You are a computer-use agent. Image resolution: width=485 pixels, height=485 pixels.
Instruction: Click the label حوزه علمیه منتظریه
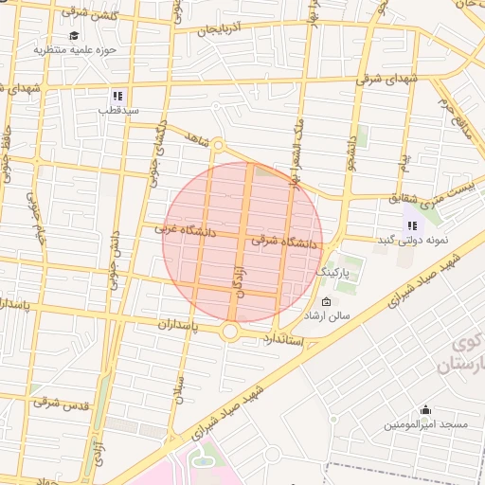75,48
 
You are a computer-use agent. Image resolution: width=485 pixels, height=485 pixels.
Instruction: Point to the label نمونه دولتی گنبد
412,240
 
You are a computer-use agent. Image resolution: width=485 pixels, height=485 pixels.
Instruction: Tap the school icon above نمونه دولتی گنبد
412,225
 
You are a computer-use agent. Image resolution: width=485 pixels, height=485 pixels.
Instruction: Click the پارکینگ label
332,272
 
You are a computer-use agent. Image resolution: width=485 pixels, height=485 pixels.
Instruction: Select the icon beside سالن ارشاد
300,302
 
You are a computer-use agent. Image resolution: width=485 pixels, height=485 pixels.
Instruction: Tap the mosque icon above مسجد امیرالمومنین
425,410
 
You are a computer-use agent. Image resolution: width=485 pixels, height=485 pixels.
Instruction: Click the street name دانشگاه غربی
186,230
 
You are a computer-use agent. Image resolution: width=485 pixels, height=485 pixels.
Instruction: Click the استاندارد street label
283,338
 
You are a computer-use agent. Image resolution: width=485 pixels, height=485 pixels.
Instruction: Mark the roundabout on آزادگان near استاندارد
231,332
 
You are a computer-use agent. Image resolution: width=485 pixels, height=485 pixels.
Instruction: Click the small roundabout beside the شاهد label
217,145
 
